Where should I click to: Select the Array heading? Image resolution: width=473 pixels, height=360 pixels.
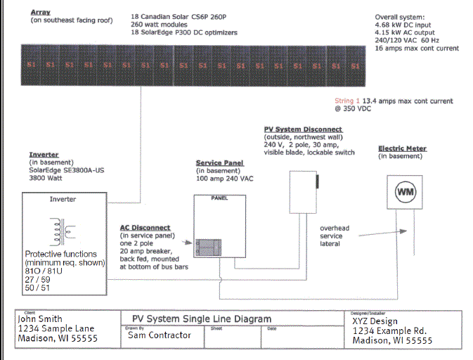click(40, 13)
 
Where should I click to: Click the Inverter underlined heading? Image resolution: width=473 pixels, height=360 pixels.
click(44, 154)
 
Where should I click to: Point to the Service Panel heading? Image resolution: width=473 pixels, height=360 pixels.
click(219, 163)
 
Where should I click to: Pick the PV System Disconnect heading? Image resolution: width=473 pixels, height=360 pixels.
click(303, 129)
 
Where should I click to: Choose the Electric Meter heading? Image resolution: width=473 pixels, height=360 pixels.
click(402, 148)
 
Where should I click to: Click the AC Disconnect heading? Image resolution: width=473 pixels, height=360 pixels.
click(145, 228)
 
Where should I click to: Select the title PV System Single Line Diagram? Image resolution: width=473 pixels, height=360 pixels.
click(202, 319)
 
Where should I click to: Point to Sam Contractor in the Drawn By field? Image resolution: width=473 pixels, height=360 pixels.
click(159, 335)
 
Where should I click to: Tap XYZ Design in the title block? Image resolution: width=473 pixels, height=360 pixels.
click(375, 321)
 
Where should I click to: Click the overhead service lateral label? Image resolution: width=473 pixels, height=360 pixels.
click(335, 236)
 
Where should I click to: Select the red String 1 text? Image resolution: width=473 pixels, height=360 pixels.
click(347, 101)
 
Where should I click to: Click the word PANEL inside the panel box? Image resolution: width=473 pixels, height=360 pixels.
click(219, 198)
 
